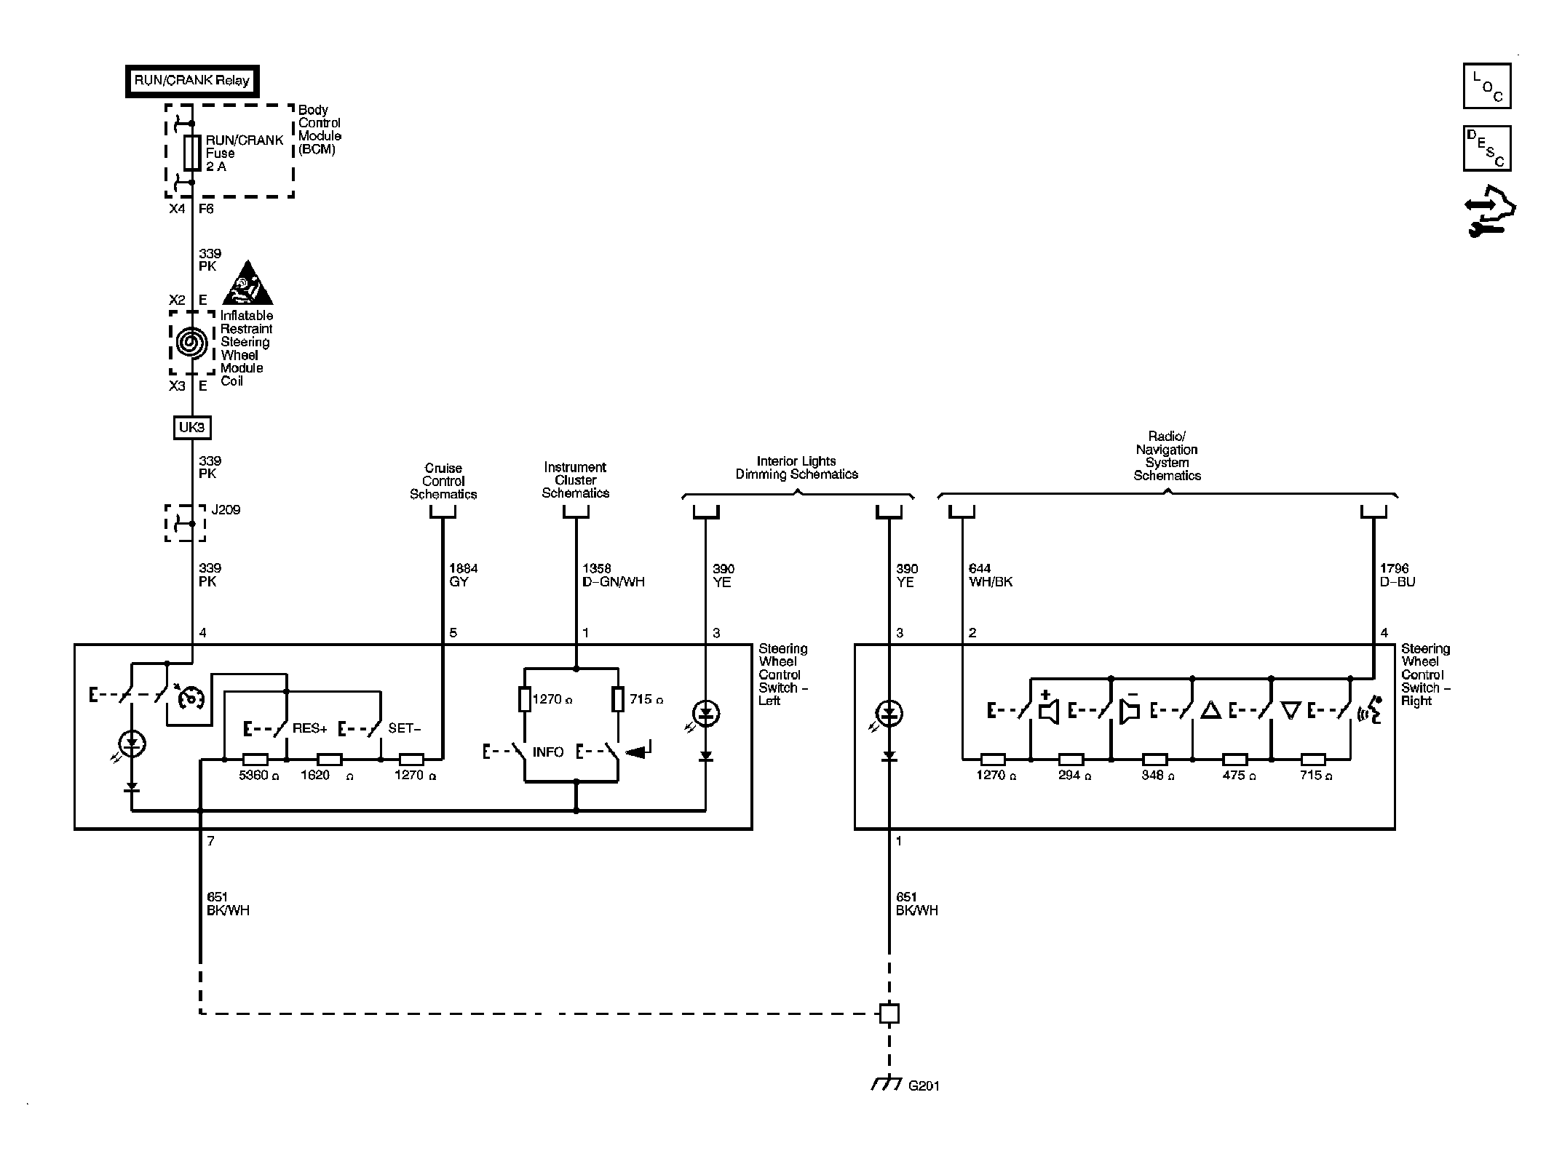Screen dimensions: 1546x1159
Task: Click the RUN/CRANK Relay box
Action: point(192,81)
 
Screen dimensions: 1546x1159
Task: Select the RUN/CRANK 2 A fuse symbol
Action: point(192,153)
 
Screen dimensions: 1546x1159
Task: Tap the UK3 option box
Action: point(192,427)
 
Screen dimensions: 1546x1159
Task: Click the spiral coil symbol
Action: point(192,342)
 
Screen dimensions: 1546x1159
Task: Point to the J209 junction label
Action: point(226,510)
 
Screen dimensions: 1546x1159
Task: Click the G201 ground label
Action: point(924,1107)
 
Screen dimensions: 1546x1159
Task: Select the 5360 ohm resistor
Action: point(255,760)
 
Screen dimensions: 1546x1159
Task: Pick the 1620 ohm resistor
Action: point(330,760)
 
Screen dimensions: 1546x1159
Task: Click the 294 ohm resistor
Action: point(1070,760)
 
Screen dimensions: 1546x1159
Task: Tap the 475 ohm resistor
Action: point(1234,760)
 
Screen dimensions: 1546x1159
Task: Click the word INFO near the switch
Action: point(548,752)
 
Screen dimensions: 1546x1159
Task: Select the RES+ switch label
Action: point(310,728)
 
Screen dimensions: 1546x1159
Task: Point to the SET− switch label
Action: point(405,728)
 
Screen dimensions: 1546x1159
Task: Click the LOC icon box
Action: point(1487,87)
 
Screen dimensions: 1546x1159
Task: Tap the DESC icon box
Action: point(1487,149)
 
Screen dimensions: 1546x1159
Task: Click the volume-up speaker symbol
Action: point(1048,707)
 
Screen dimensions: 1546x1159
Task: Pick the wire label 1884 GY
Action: point(464,575)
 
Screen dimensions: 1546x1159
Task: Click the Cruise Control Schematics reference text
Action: point(443,482)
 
